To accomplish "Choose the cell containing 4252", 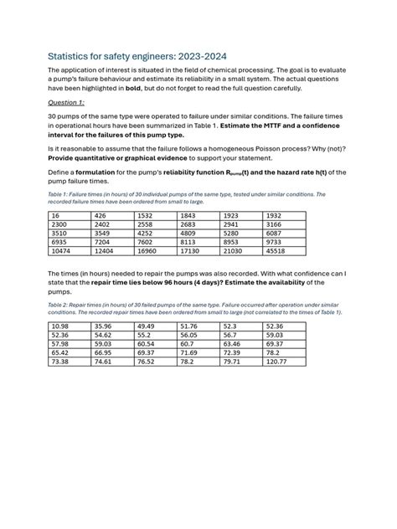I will point(147,234).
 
